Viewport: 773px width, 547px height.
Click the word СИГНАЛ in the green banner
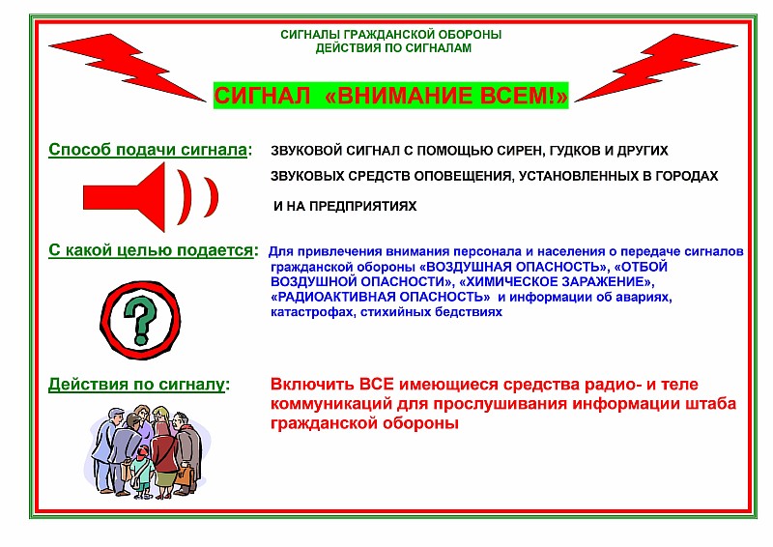tap(262, 96)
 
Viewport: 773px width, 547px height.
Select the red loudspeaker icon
tap(151, 197)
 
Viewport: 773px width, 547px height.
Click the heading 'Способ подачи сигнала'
tap(148, 150)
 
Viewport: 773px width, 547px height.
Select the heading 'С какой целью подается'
tap(151, 250)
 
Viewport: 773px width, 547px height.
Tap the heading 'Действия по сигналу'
tap(136, 385)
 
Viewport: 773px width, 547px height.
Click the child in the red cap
tap(143, 469)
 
